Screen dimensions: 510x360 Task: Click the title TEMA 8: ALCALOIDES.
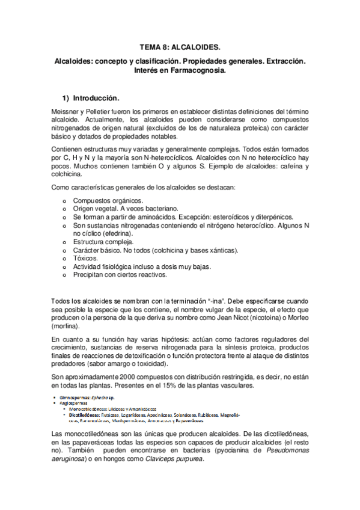coord(180,46)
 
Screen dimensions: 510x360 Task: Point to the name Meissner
coord(69,112)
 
